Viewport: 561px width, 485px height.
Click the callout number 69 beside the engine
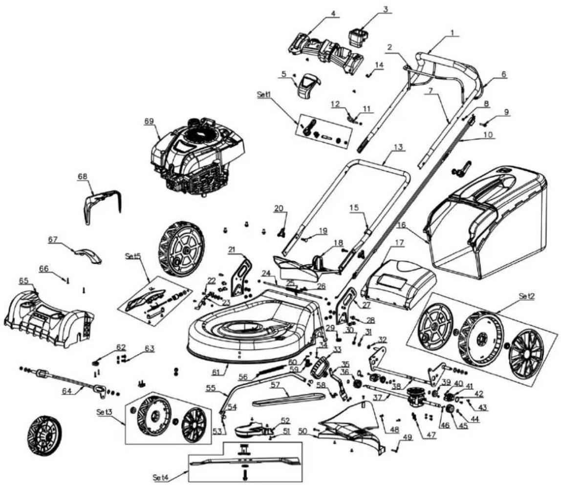149,121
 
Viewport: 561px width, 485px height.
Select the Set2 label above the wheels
527,296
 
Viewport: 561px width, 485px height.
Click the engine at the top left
197,157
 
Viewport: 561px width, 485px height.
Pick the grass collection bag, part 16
487,222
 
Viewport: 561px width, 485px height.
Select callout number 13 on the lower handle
398,147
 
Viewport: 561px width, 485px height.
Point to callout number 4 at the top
333,14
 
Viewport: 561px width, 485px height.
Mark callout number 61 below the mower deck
215,373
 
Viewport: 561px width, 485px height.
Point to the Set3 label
105,412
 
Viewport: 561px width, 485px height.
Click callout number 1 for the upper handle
452,33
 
